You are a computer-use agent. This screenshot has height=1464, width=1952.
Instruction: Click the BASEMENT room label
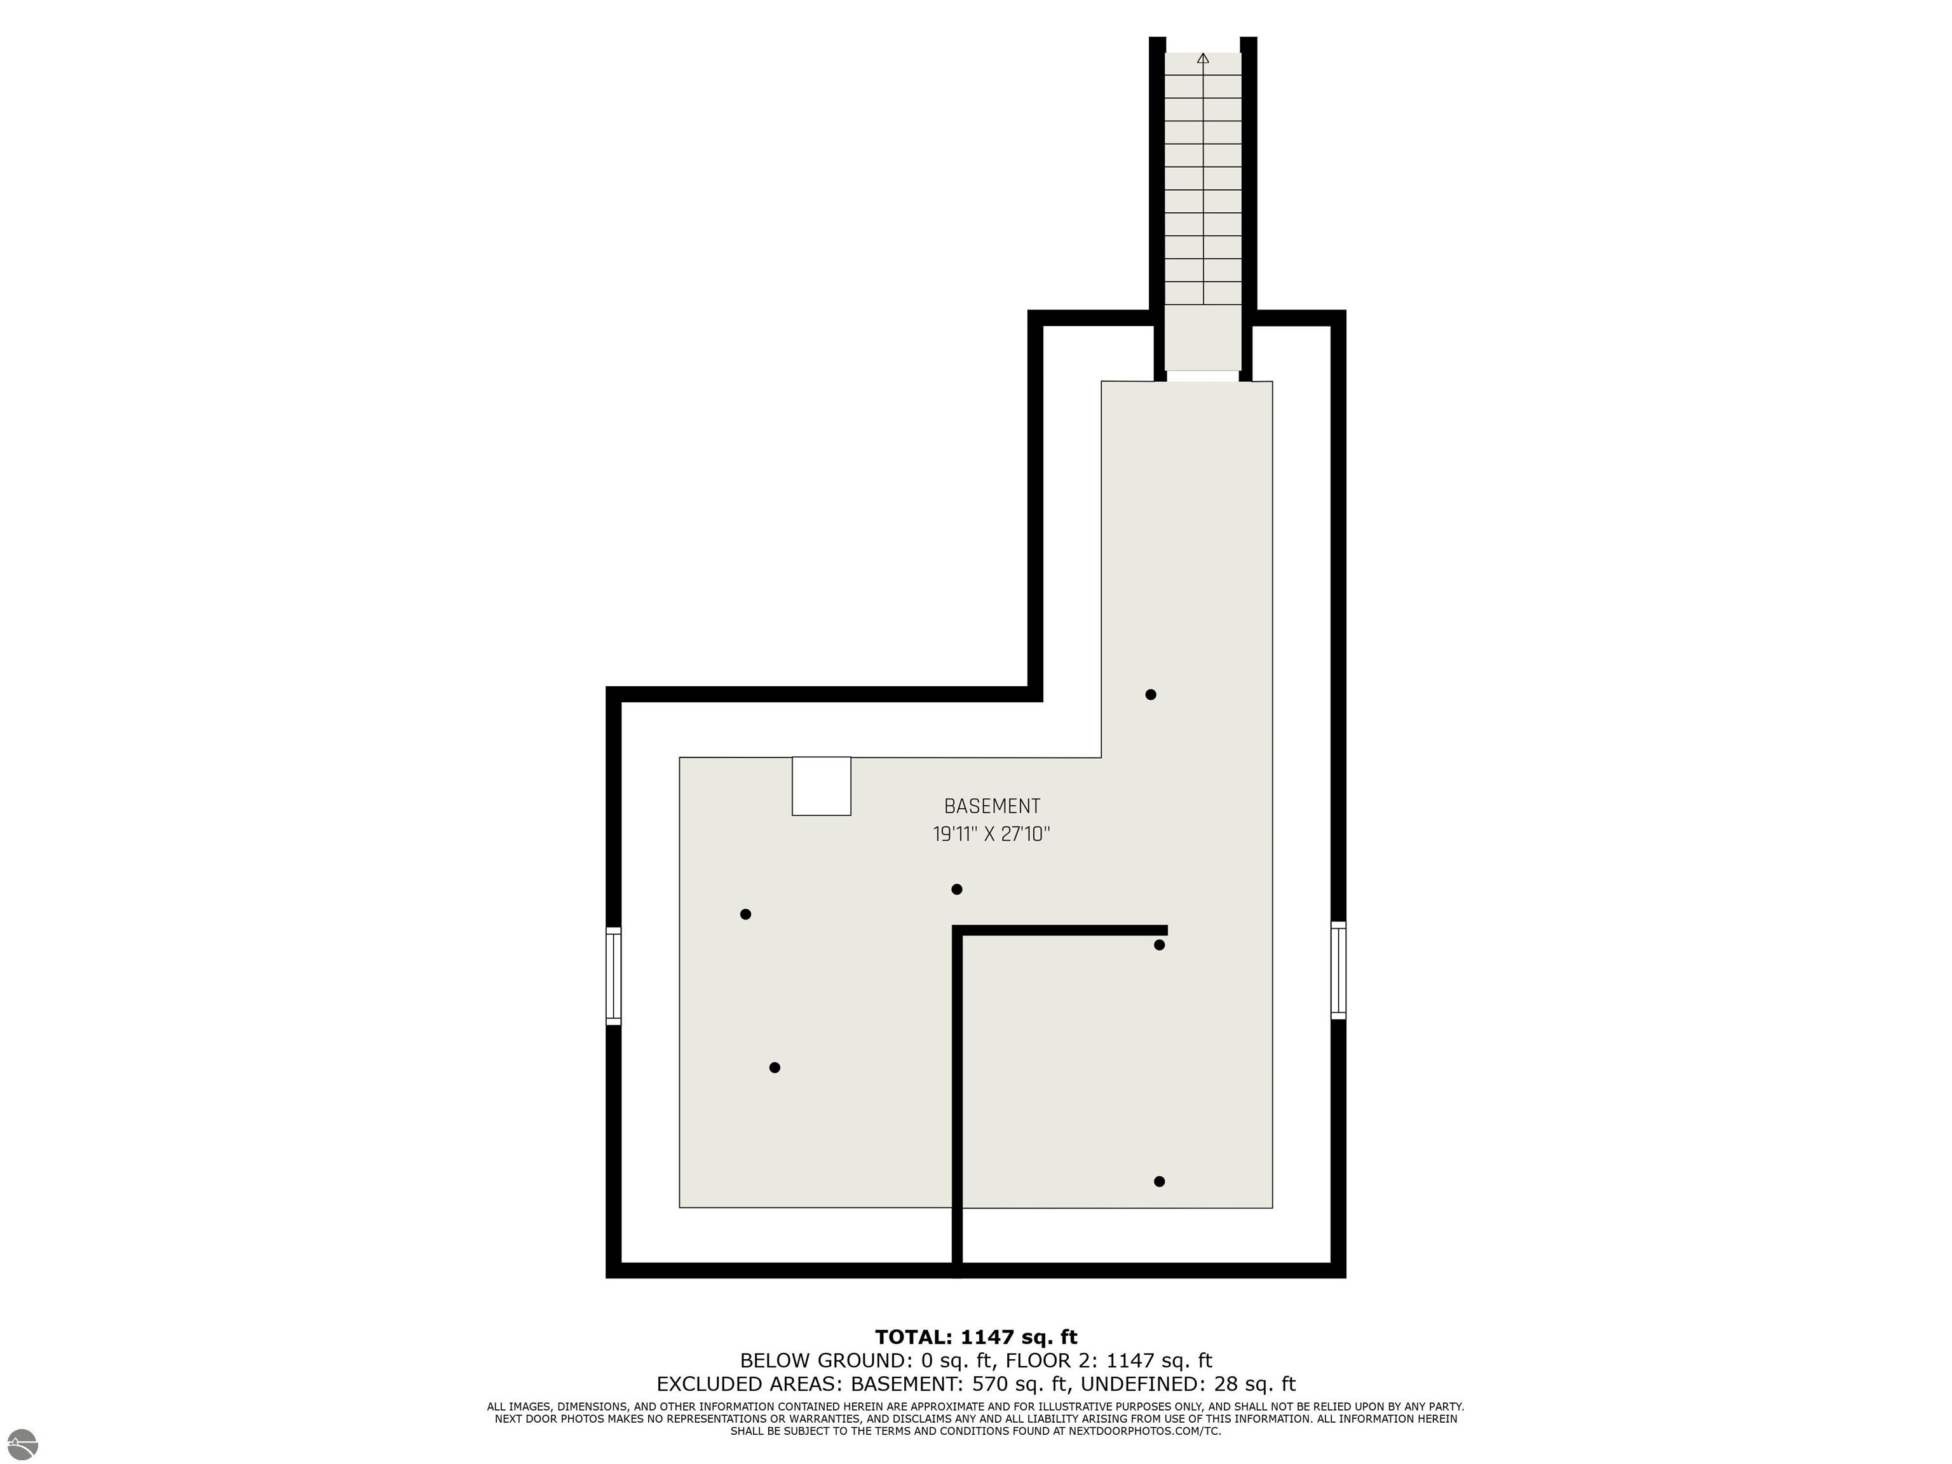coord(992,806)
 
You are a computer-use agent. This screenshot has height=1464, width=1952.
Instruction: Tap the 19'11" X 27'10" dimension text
coord(992,834)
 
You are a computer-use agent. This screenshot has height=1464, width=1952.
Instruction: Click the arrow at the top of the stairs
coord(1203,59)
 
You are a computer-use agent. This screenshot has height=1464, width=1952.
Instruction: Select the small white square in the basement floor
coord(822,786)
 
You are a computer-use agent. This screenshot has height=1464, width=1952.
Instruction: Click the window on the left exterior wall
coord(613,975)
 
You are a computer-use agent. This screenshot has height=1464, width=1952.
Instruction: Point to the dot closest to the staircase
coord(1151,695)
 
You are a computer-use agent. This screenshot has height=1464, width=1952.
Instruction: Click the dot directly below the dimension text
coord(956,890)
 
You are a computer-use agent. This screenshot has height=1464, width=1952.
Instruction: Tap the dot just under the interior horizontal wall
coord(1160,945)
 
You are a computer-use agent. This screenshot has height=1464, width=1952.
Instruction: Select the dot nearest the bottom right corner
coord(1160,1182)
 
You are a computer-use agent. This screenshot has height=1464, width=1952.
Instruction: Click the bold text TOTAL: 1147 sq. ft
coord(976,1337)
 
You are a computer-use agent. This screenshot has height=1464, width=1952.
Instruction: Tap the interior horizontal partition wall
coord(1060,930)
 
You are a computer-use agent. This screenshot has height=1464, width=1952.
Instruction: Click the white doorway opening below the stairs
coord(1203,377)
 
